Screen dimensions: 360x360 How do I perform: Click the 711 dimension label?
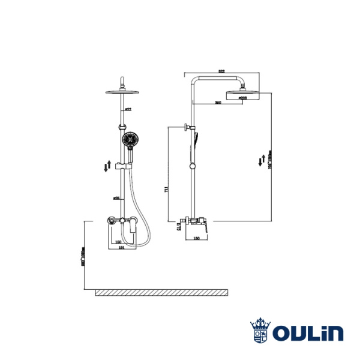tap(166, 190)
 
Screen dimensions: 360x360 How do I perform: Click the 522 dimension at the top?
tap(221, 72)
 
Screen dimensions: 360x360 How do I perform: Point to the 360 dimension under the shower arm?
tap(218, 103)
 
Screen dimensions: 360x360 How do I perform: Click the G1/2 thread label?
tap(178, 226)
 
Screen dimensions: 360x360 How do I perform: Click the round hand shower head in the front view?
tap(128, 141)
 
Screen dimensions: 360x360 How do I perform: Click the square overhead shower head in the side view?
tap(242, 93)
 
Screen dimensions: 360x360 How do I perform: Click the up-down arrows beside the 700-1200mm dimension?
tap(261, 160)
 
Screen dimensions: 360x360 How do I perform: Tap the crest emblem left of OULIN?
tap(260, 330)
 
